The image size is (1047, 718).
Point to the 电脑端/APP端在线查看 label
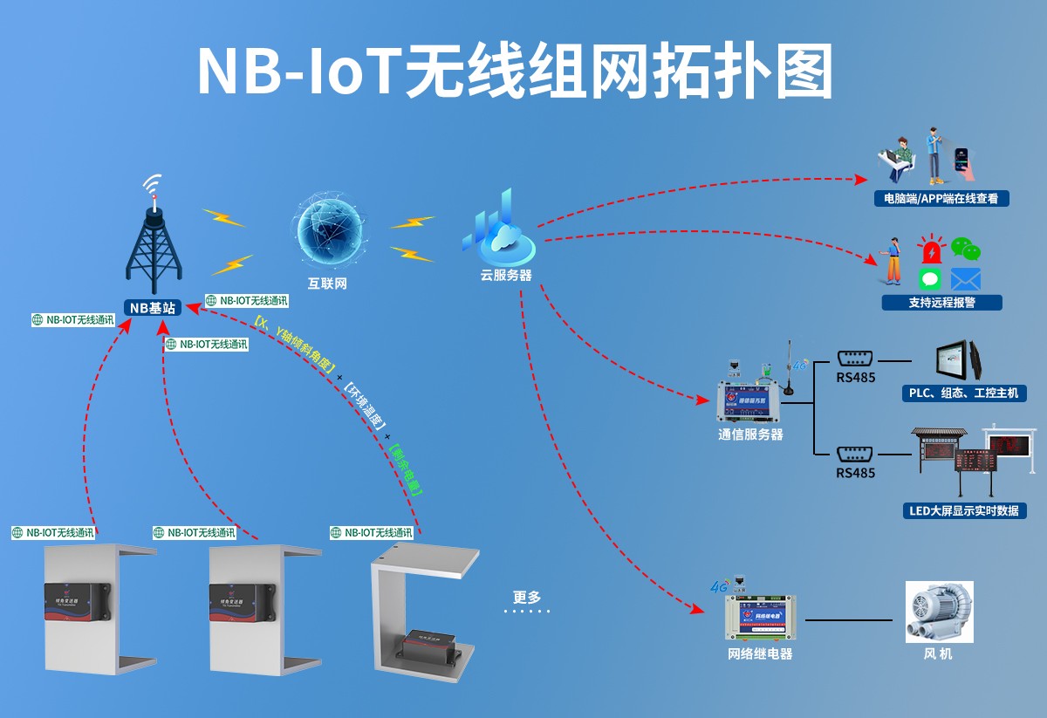pos(941,199)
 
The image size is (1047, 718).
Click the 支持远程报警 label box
pos(941,303)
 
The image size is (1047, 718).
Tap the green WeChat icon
pos(966,249)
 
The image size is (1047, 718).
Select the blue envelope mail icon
pos(966,279)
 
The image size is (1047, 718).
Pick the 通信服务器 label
pos(750,434)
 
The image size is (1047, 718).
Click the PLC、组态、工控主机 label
pos(963,393)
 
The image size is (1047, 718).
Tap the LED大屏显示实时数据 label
pos(963,510)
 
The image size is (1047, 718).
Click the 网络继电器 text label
pos(760,653)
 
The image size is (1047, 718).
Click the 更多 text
pos(527,598)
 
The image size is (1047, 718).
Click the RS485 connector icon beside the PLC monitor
pos(855,359)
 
